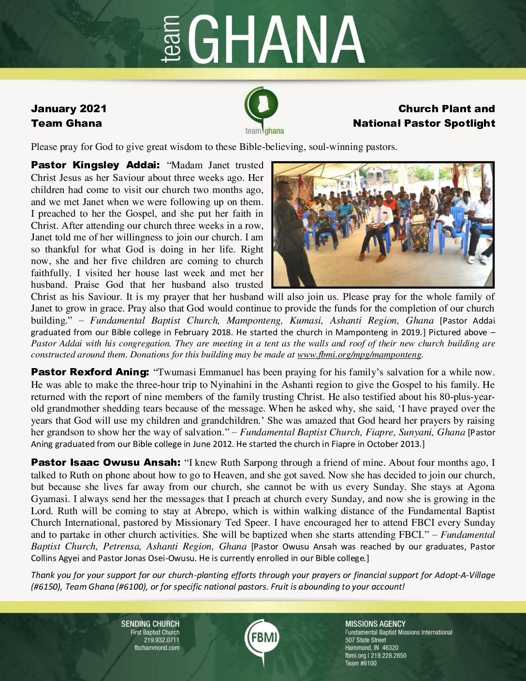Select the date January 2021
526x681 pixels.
coord(69,109)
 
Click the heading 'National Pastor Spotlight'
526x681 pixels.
coord(424,123)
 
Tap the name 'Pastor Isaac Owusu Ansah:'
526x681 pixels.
coord(105,463)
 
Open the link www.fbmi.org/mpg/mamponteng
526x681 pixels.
coord(359,355)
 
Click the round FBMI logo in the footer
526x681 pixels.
coord(262,637)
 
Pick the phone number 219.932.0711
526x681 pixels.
coord(161,640)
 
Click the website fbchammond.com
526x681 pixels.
coord(157,648)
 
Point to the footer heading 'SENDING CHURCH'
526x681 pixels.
coord(150,624)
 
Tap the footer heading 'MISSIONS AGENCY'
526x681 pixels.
coord(375,624)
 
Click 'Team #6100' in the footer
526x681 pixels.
coord(361,664)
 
